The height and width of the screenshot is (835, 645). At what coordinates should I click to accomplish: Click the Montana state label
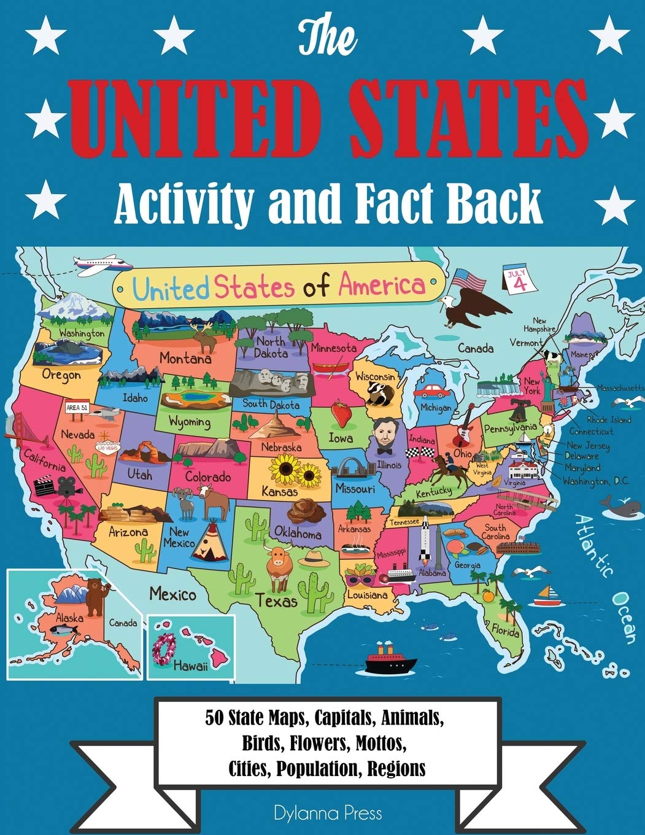(185, 357)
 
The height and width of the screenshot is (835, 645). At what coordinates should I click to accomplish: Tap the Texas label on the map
(277, 600)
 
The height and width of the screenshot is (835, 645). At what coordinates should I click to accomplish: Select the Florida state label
(504, 630)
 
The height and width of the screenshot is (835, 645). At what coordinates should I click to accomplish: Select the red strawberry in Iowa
(341, 413)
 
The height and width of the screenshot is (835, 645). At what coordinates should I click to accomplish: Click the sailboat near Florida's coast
(544, 596)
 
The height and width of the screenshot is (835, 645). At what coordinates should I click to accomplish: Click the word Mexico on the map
(172, 594)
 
